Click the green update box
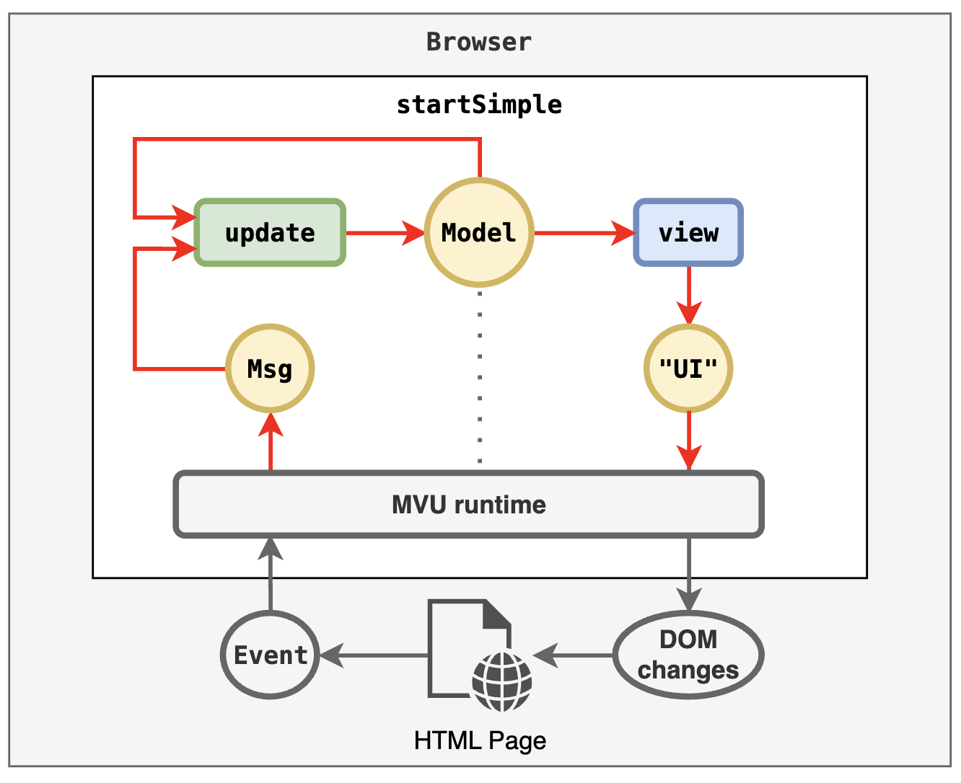tap(270, 233)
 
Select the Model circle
tap(479, 233)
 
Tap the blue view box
tap(688, 233)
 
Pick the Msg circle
tap(270, 368)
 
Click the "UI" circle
tap(688, 368)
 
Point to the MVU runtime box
tap(469, 505)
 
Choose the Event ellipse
tap(270, 655)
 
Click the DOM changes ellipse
tap(688, 655)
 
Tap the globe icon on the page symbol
tap(502, 681)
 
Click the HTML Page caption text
tap(480, 740)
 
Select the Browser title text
tap(479, 42)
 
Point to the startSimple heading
tap(479, 105)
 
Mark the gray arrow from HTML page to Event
tap(375, 655)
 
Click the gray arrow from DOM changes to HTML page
tap(574, 655)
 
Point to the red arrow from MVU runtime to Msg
tap(271, 443)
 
